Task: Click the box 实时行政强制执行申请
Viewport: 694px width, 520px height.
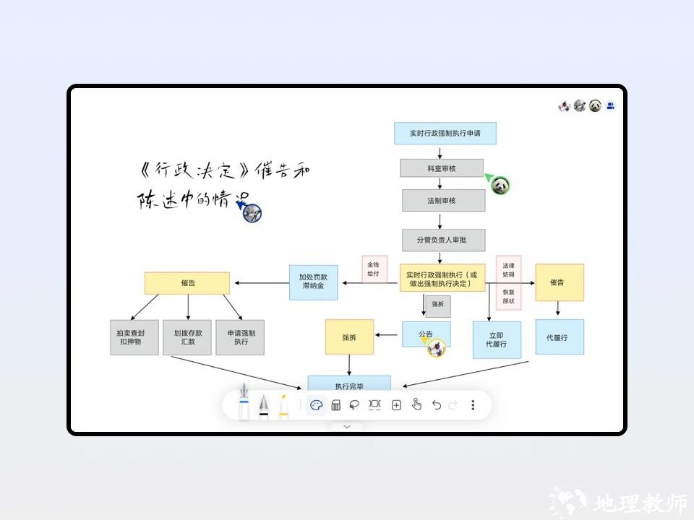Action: pyautogui.click(x=445, y=133)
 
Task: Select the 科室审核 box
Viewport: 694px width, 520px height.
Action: pyautogui.click(x=441, y=168)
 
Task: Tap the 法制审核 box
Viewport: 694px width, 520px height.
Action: pyautogui.click(x=444, y=200)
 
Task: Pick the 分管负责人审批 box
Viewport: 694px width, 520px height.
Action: pyautogui.click(x=444, y=240)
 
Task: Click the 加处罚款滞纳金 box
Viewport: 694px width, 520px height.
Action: pyautogui.click(x=313, y=281)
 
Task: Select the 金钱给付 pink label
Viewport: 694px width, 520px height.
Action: pyautogui.click(x=374, y=269)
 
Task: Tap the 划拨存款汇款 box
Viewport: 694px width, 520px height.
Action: pyautogui.click(x=188, y=337)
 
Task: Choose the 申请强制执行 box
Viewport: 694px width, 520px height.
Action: pyautogui.click(x=241, y=337)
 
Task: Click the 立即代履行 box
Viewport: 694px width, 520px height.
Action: pyautogui.click(x=497, y=339)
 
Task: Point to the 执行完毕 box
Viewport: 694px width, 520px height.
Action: pyautogui.click(x=349, y=384)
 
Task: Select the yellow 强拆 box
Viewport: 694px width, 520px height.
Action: pyautogui.click(x=349, y=337)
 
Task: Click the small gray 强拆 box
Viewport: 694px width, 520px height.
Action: pyautogui.click(x=438, y=305)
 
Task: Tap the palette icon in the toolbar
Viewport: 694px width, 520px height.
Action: pyautogui.click(x=316, y=405)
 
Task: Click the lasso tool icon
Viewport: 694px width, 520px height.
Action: pyautogui.click(x=355, y=405)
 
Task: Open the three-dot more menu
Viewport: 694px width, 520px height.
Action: pyautogui.click(x=473, y=405)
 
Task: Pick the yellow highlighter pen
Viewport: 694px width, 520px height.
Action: pyautogui.click(x=284, y=406)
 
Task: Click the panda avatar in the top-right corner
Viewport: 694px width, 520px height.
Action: pyautogui.click(x=595, y=106)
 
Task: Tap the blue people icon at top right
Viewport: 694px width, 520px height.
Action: pyautogui.click(x=611, y=106)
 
